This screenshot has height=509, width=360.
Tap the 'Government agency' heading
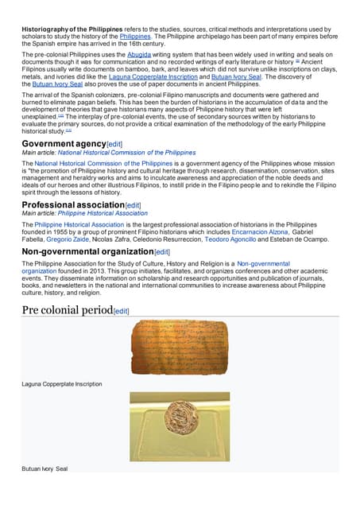point(64,143)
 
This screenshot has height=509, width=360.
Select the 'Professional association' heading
point(73,205)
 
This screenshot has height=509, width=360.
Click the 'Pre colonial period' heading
point(68,309)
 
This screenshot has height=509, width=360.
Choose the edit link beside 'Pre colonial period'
point(122,311)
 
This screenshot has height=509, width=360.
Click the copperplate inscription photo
point(180,347)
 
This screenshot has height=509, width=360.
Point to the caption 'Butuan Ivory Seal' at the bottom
point(45,469)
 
